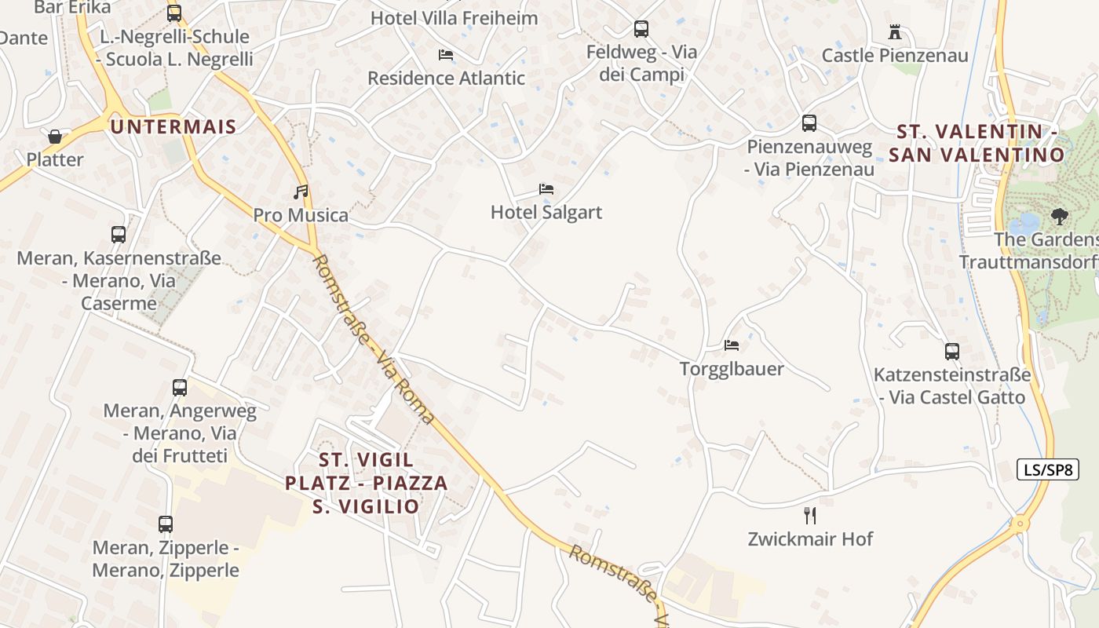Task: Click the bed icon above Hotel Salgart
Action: click(x=546, y=189)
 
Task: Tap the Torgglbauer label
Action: click(x=732, y=368)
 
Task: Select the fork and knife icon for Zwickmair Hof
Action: click(x=810, y=515)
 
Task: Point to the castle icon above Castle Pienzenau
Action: click(x=894, y=32)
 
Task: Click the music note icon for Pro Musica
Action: click(x=301, y=192)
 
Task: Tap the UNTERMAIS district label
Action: click(x=173, y=126)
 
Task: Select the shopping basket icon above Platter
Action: click(x=55, y=137)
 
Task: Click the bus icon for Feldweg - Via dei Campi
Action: click(x=641, y=29)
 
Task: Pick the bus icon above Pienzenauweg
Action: click(x=809, y=123)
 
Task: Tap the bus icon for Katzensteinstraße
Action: click(x=951, y=352)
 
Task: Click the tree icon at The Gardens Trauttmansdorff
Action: click(x=1060, y=215)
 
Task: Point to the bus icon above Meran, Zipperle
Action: click(x=166, y=524)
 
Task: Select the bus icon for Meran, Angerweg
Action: click(x=180, y=387)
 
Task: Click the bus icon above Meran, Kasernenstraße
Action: click(x=119, y=234)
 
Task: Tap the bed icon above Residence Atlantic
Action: click(x=446, y=55)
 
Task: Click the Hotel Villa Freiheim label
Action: click(x=454, y=18)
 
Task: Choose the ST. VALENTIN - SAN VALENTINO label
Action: click(x=977, y=143)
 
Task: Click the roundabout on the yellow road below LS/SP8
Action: click(x=1020, y=524)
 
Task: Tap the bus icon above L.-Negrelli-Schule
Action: click(x=174, y=13)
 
